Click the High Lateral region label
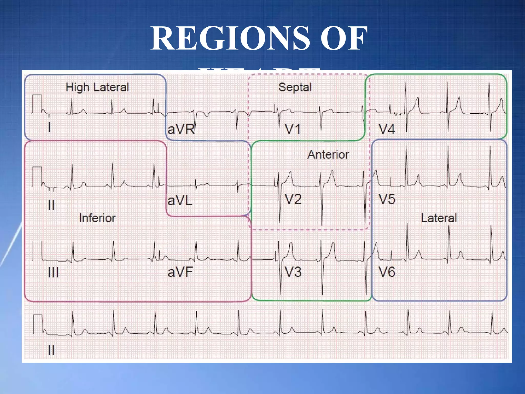[97, 87]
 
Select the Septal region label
[295, 87]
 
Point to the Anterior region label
[328, 154]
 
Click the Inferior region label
[97, 218]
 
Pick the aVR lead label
[181, 129]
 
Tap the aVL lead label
[180, 200]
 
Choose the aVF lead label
[180, 272]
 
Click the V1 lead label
[292, 129]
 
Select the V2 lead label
[293, 199]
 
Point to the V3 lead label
[293, 272]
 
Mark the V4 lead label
[387, 129]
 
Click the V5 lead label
[387, 199]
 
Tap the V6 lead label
[387, 272]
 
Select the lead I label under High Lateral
[49, 127]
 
